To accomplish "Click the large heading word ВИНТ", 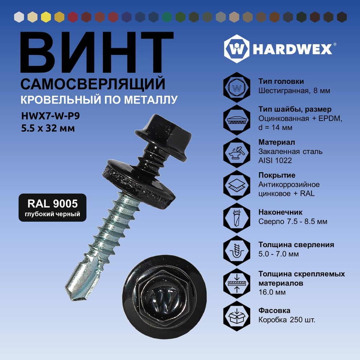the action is [97, 52].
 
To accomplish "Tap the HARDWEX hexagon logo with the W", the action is [237, 49].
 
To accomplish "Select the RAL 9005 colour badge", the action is [52, 208].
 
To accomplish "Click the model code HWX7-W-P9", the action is [50, 116].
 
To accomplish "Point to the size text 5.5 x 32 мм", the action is [48, 128].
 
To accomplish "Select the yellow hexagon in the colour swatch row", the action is [46, 17].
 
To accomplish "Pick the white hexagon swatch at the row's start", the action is [19, 17].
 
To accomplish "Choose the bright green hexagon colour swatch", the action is [167, 17].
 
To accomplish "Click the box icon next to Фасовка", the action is [237, 316].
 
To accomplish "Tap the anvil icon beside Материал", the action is [237, 152].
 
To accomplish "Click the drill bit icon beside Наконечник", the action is [237, 218].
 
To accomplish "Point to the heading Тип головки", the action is [281, 81].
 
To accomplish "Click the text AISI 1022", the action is [275, 160].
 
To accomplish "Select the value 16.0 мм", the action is [272, 292].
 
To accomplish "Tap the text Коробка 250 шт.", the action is [287, 320].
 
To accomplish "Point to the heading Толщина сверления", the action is [296, 245].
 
